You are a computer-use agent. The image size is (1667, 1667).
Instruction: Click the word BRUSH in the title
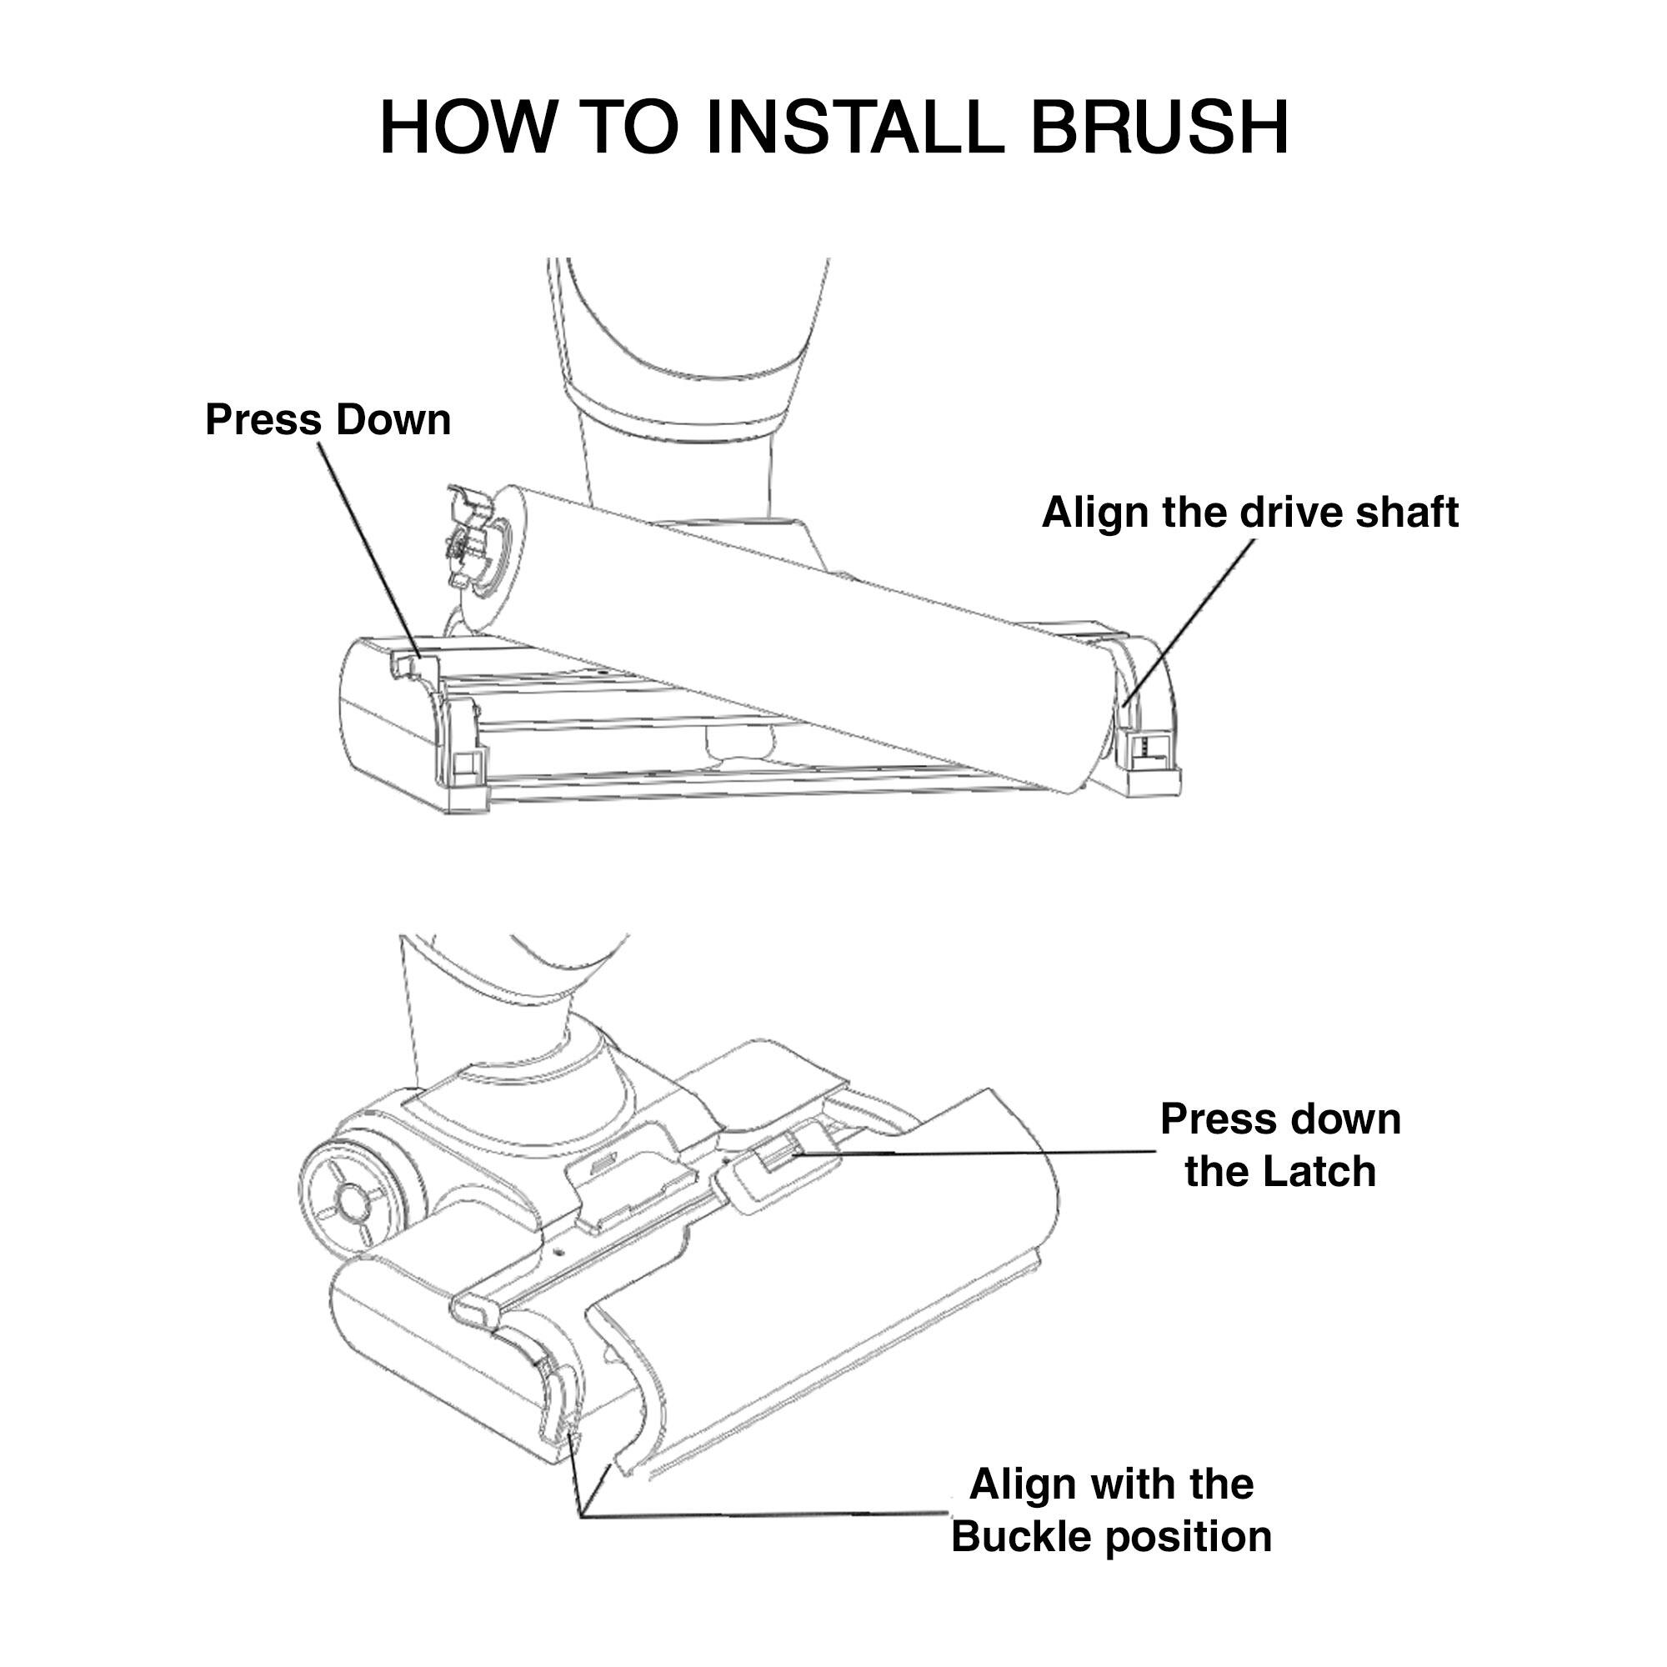click(x=1159, y=128)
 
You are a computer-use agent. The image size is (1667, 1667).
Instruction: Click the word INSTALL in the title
click(x=854, y=128)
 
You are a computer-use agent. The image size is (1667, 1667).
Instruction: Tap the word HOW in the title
click(x=467, y=128)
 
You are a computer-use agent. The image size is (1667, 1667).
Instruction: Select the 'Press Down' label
click(x=328, y=420)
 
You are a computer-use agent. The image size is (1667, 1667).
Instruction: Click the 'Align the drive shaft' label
click(x=1249, y=513)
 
